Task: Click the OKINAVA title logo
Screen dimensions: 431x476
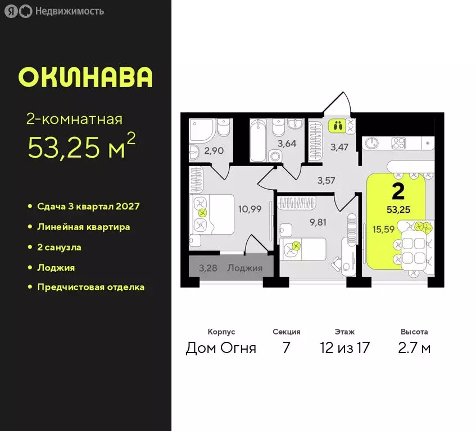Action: pos(85,77)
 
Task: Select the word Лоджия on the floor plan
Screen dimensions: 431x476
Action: pos(244,268)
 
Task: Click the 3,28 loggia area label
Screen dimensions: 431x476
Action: pos(208,268)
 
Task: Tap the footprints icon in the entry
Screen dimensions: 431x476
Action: pos(337,125)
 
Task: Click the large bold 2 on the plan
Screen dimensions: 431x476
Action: pos(398,191)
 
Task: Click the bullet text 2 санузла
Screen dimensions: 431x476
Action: pos(63,247)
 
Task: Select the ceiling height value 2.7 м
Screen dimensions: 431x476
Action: pos(414,348)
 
